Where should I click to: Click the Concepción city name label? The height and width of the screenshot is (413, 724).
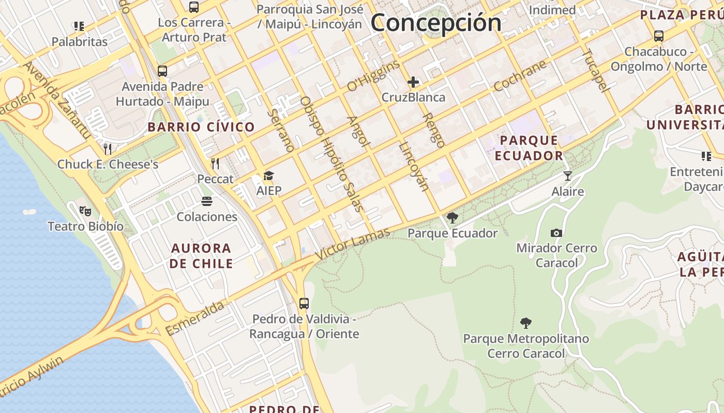click(436, 23)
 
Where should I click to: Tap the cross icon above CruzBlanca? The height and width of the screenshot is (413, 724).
click(413, 82)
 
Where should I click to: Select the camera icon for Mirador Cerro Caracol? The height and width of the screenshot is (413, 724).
click(556, 233)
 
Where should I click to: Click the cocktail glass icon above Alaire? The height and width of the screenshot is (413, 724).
click(568, 176)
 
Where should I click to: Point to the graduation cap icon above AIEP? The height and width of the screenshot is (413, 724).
click(269, 176)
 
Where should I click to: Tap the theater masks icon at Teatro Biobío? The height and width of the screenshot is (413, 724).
click(85, 211)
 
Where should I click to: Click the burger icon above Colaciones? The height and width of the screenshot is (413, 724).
click(207, 201)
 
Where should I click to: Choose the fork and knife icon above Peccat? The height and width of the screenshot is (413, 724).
click(216, 164)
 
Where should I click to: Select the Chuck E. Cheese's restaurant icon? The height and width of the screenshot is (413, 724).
click(108, 149)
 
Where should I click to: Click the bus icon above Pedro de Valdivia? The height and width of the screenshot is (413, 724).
click(304, 304)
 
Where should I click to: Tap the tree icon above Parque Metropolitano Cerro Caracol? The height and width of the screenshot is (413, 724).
click(526, 324)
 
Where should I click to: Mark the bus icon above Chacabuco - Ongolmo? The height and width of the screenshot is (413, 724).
click(659, 36)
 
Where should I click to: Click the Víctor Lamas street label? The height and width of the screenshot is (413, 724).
click(352, 244)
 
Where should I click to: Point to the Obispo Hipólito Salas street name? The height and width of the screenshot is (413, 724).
click(331, 154)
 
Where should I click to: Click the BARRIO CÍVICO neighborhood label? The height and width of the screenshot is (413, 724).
click(201, 127)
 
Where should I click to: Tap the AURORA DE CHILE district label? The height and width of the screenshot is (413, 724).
click(202, 256)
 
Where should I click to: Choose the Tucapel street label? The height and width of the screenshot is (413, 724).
click(596, 70)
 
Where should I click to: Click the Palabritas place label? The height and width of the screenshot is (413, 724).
click(79, 42)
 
